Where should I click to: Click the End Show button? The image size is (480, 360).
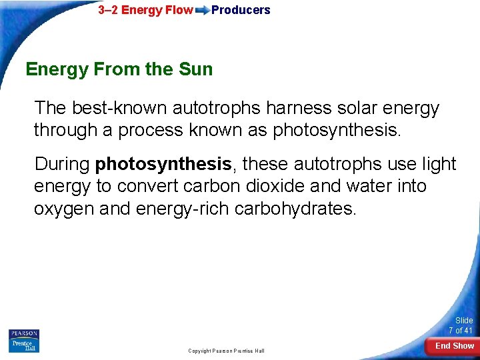coord(454,346)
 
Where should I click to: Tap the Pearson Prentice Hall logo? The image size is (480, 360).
coord(24,341)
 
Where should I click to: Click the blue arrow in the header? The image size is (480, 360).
coord(202,11)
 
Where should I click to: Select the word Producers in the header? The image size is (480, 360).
coord(241,10)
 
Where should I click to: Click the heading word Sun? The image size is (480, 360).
coord(196,69)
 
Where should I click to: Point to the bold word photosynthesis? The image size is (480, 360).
coord(162,164)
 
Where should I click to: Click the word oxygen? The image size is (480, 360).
coord(64,209)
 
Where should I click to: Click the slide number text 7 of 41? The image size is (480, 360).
coord(460,331)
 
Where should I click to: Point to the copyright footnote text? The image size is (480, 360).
coord(226,351)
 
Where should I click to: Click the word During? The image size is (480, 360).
coord(62,164)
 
